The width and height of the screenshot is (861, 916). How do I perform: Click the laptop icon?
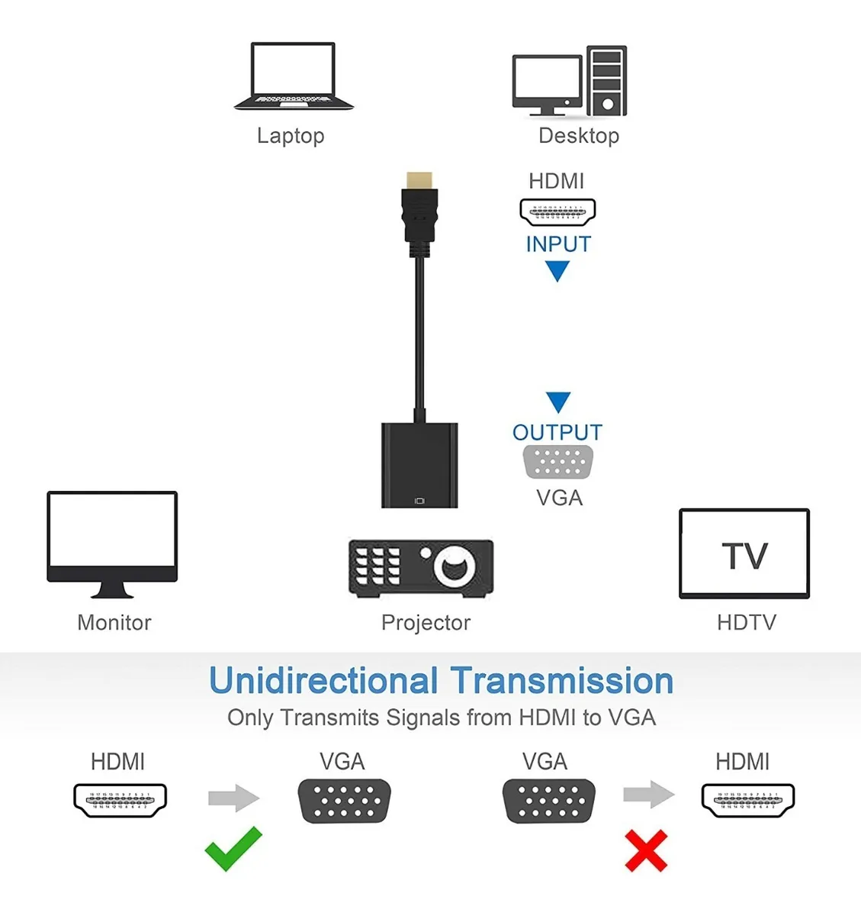pyautogui.click(x=294, y=76)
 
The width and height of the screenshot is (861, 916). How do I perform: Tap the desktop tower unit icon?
pyautogui.click(x=607, y=81)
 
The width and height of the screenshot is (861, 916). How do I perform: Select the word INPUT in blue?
pyautogui.click(x=558, y=244)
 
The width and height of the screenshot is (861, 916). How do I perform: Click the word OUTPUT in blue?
pyautogui.click(x=557, y=432)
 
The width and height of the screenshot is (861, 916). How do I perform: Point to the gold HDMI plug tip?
pyautogui.click(x=419, y=181)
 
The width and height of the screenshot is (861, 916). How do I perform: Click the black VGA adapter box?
pyautogui.click(x=419, y=465)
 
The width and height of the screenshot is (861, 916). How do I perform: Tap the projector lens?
pyautogui.click(x=454, y=566)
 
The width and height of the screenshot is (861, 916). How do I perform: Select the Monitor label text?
pyautogui.click(x=114, y=623)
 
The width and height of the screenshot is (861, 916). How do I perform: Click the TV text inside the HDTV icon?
pyautogui.click(x=744, y=556)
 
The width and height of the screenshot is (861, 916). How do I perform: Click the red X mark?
pyautogui.click(x=646, y=851)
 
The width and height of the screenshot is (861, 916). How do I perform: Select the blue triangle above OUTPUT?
pyautogui.click(x=558, y=402)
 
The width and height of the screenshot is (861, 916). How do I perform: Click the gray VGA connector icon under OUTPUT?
pyautogui.click(x=558, y=462)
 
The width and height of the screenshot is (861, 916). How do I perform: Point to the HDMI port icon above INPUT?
pyautogui.click(x=557, y=211)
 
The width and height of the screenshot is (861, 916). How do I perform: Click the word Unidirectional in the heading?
pyautogui.click(x=323, y=681)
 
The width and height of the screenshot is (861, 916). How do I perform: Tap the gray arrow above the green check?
pyautogui.click(x=233, y=798)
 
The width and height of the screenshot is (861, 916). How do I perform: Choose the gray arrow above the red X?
pyautogui.click(x=648, y=795)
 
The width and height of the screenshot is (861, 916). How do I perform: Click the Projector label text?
pyautogui.click(x=426, y=623)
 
